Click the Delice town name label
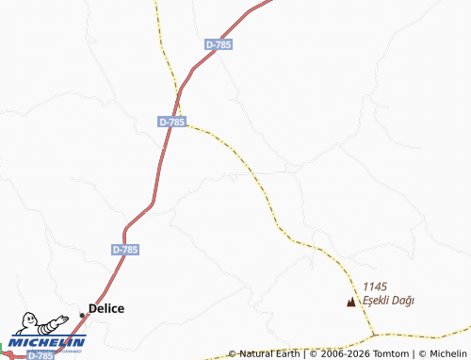tap(106, 308)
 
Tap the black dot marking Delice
tap(83, 314)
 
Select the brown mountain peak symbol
tap(351, 303)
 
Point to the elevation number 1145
tap(375, 287)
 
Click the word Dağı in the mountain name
tap(405, 301)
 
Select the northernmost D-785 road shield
tap(218, 44)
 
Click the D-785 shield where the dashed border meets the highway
tap(172, 122)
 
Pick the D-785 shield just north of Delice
tap(125, 250)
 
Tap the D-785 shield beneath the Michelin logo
tap(41, 356)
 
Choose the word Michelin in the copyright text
tap(448, 354)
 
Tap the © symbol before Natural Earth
tap(232, 354)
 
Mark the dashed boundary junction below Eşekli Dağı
tap(374, 335)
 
